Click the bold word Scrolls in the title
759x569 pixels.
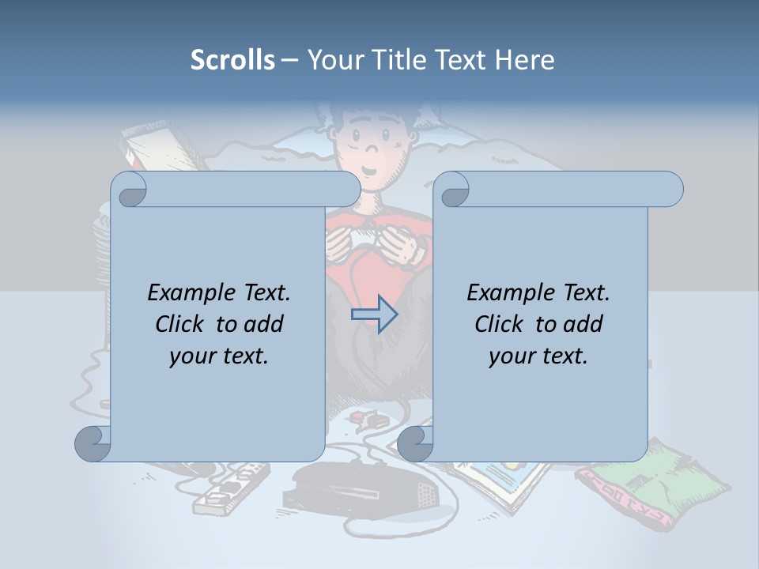(x=232, y=60)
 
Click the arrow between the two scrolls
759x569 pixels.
(x=374, y=315)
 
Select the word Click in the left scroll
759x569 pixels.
(x=181, y=324)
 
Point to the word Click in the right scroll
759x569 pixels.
(x=500, y=324)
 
